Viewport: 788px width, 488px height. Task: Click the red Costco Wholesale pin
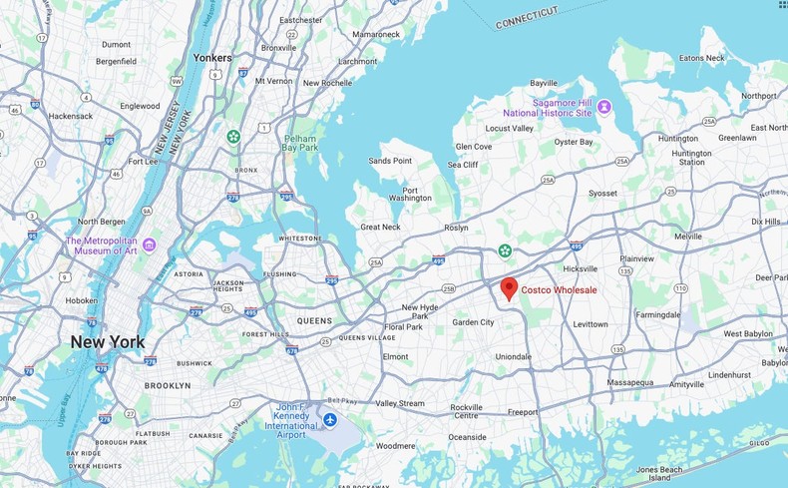coord(509,288)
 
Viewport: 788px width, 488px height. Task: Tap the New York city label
coord(107,342)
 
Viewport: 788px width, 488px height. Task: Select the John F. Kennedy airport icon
coord(330,417)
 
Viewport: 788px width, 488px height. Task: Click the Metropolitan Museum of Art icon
coord(149,244)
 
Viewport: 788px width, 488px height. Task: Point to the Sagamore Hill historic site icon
coord(604,107)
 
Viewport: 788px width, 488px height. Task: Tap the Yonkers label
coord(212,57)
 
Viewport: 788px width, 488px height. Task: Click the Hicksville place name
coord(580,268)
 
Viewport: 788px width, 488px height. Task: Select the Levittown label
coord(591,324)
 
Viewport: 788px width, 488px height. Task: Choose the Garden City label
coord(473,322)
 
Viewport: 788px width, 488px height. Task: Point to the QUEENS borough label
coord(314,320)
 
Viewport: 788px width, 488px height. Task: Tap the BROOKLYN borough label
coord(168,385)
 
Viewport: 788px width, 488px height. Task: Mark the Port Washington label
coord(410,194)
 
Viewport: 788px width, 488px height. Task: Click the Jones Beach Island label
coord(660,473)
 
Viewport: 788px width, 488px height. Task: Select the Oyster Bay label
coord(574,142)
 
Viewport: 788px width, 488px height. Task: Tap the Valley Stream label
coord(399,403)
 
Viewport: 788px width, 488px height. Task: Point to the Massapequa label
coord(630,382)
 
